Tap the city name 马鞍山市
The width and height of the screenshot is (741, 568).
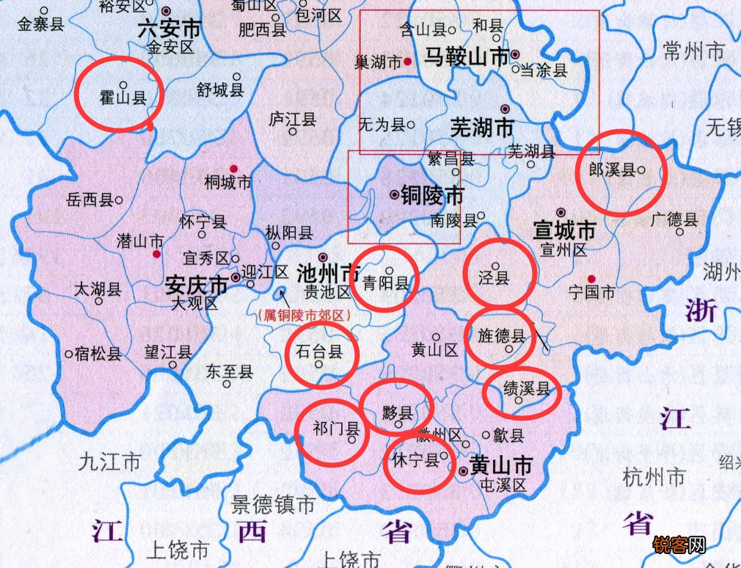(x=467, y=57)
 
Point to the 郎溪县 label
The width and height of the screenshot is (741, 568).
(x=612, y=170)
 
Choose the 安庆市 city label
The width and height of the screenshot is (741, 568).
(x=196, y=283)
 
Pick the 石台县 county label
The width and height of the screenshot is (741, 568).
(x=318, y=352)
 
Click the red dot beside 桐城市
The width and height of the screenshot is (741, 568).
(x=234, y=168)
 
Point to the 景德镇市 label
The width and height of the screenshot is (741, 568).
(x=274, y=505)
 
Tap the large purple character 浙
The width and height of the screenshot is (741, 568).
(x=701, y=311)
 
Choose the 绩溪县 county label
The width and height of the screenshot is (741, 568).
(x=526, y=389)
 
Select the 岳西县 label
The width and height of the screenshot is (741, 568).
(x=90, y=200)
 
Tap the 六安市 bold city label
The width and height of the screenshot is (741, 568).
(x=169, y=29)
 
